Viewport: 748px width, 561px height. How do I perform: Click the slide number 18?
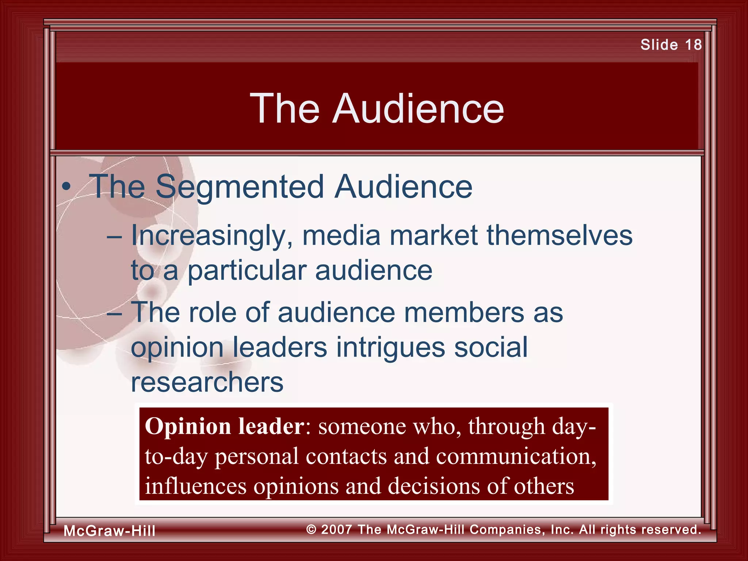pyautogui.click(x=693, y=45)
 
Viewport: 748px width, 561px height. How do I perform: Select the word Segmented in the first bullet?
pyautogui.click(x=240, y=187)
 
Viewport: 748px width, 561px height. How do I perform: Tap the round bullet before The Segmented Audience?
pyautogui.click(x=66, y=187)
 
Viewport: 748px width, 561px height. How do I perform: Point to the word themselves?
pyautogui.click(x=559, y=235)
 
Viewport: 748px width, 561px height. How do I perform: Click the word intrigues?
pyautogui.click(x=390, y=347)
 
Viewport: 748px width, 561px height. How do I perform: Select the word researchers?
pyautogui.click(x=207, y=382)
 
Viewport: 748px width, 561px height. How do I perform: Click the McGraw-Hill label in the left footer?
pyautogui.click(x=110, y=531)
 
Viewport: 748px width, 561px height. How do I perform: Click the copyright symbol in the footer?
pyautogui.click(x=311, y=530)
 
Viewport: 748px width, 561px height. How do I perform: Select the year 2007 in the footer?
pyautogui.click(x=337, y=530)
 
